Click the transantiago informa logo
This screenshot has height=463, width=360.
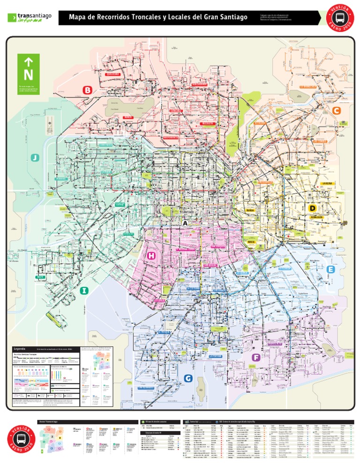pos(29,17)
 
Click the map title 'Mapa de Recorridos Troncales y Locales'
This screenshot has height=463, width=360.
pos(158,17)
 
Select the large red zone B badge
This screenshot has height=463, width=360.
pos(87,90)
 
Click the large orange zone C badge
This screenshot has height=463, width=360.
pos(336,110)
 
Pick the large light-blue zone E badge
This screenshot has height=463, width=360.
pos(331,269)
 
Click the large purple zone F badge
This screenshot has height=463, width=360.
pos(255,358)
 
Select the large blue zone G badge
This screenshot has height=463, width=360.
pos(188,378)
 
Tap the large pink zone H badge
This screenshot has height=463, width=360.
pos(151,255)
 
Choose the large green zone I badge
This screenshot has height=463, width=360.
pos(84,291)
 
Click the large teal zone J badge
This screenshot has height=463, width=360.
pos(35,157)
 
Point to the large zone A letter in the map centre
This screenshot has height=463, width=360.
pos(186,224)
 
